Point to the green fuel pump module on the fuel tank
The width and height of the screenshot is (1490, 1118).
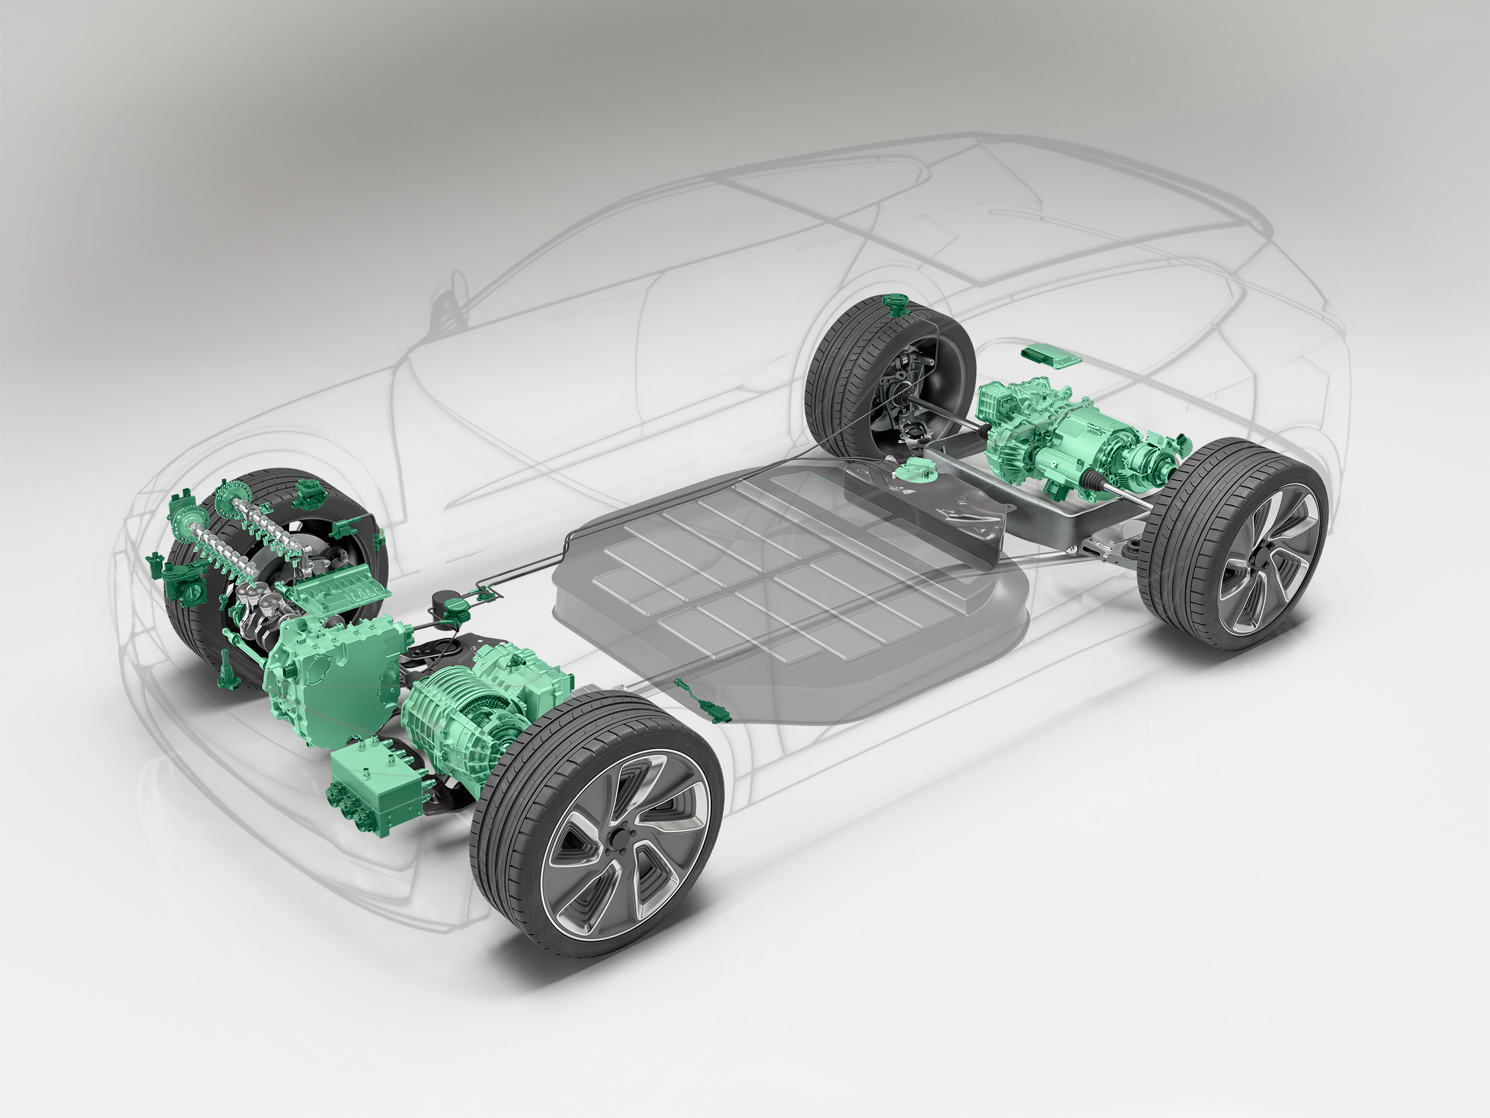pos(916,469)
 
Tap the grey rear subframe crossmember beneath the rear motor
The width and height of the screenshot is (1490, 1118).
pos(1051,512)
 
